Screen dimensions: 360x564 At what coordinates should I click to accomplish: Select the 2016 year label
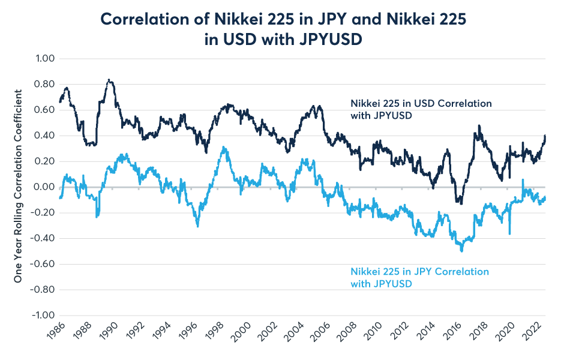tap(458, 335)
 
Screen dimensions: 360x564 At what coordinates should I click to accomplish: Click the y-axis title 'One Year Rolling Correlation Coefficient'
tap(18, 187)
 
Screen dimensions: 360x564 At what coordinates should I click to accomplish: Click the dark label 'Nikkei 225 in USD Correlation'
tap(421, 104)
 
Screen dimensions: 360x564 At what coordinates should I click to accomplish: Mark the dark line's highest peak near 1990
tap(109, 80)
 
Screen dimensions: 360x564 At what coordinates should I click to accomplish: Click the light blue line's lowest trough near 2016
tap(461, 250)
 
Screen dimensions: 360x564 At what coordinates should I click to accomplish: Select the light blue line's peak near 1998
tap(223, 147)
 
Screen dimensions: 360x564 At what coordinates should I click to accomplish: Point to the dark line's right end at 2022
tap(545, 136)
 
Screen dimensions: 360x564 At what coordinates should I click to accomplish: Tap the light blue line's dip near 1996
tap(197, 225)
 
